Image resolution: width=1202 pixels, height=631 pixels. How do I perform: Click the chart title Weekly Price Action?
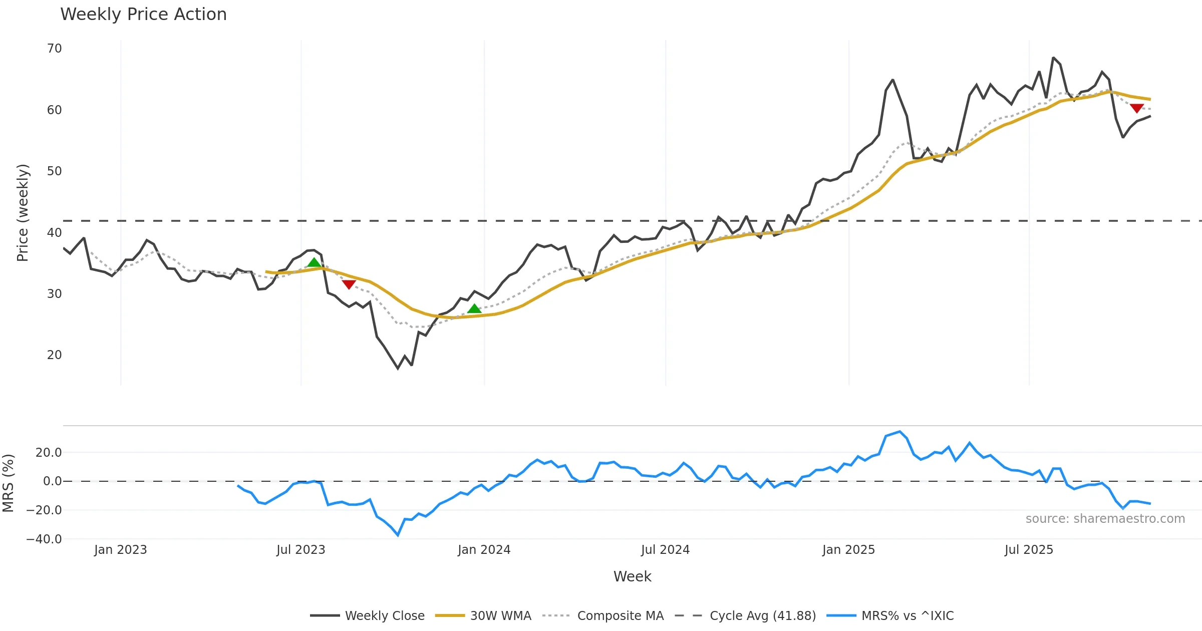coord(143,15)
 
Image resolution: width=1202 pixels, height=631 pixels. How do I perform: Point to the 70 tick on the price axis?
coord(54,49)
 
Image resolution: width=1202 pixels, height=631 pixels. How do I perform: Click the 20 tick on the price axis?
coord(54,355)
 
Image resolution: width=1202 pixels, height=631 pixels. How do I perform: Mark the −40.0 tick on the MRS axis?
coord(44,539)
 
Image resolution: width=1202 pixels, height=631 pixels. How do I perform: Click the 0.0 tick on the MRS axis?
coord(52,481)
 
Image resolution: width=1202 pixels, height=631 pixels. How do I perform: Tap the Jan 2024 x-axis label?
coord(484,550)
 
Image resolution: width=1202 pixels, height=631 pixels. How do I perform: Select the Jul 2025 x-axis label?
coord(1029,550)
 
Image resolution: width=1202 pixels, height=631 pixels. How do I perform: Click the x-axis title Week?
coord(632,576)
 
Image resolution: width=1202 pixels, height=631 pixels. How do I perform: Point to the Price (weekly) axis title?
coord(23,213)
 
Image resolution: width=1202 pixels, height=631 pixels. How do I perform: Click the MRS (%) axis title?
coord(9,483)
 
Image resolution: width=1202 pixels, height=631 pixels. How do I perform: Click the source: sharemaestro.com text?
coord(1105,519)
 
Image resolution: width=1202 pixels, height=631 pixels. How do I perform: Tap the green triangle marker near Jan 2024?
coord(474,308)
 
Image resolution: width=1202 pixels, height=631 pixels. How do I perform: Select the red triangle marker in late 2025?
coord(1136,108)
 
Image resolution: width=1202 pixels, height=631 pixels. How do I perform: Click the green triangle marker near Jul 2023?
coord(314,262)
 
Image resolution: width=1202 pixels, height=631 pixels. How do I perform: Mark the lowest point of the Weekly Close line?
coord(398,369)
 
